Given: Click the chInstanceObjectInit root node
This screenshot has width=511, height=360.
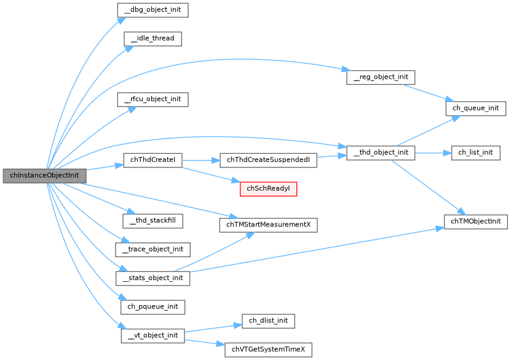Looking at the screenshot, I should click(x=44, y=175).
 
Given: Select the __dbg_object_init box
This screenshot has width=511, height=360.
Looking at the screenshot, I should click(x=152, y=10).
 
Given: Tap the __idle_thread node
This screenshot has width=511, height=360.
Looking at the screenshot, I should click(x=152, y=38).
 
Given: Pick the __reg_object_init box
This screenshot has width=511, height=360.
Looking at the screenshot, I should click(x=381, y=78).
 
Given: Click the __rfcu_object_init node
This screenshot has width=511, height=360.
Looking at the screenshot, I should click(x=152, y=98).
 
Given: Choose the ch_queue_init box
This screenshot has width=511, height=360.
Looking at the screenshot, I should click(x=475, y=108).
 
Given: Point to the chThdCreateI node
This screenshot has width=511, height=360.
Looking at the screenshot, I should click(x=153, y=160).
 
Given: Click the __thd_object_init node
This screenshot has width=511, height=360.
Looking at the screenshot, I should click(x=381, y=152).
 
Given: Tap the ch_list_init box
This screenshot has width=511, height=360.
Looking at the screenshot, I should click(x=475, y=152).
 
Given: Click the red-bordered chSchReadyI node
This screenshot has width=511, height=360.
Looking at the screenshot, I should click(x=268, y=189).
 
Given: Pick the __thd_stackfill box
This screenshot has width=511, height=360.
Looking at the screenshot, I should click(x=153, y=218).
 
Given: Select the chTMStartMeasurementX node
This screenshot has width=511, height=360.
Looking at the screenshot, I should click(x=268, y=225).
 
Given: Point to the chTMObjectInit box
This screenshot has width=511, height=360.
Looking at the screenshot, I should click(x=475, y=221).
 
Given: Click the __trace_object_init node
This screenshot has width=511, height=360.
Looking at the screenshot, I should click(x=153, y=249).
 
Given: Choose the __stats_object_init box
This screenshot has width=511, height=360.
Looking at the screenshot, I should click(x=153, y=278).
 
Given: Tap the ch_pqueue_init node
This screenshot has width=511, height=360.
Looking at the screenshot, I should click(x=153, y=306).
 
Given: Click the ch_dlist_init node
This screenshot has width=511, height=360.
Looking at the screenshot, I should click(x=268, y=321).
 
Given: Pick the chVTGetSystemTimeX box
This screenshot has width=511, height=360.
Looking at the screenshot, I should click(x=268, y=350).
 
